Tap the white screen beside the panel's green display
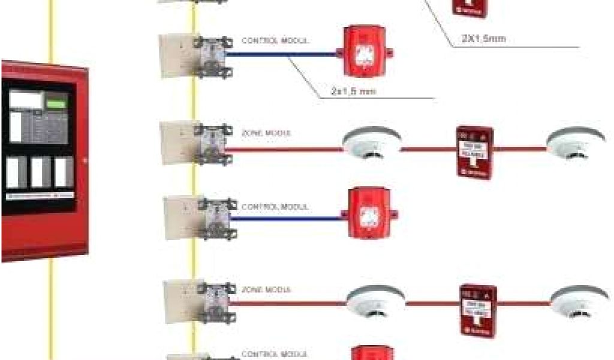point(26,99)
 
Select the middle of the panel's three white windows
point(38,172)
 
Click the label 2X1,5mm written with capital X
point(483,39)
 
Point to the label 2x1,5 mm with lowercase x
point(353,92)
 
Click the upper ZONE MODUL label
point(267,132)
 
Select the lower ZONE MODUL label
point(266,289)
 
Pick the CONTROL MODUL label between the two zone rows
point(275,206)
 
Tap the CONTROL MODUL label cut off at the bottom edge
point(275,354)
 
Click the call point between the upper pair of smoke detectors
point(474,152)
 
